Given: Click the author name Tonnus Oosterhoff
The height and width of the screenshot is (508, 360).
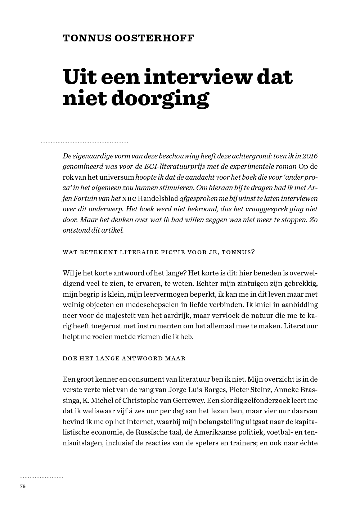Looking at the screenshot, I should pos(129,38).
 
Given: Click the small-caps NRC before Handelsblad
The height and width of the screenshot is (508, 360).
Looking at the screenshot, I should pos(129,199).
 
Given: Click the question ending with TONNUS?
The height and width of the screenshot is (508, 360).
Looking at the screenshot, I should pos(159,252).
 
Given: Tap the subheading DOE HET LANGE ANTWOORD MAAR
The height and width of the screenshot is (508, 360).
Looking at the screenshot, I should pos(124,359).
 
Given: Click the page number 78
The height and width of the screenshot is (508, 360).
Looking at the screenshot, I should pos(23,486).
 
